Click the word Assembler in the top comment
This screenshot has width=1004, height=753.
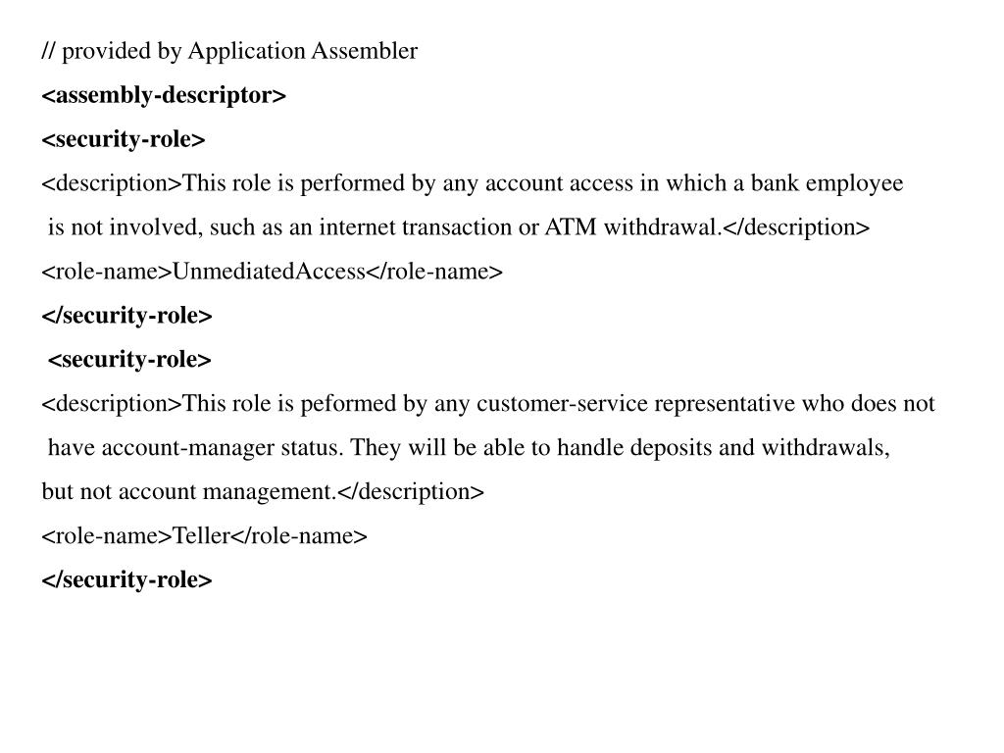tap(365, 51)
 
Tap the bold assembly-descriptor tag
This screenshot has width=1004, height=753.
tap(164, 95)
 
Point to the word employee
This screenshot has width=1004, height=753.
tap(854, 183)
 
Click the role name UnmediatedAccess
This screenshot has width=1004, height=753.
tap(269, 272)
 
